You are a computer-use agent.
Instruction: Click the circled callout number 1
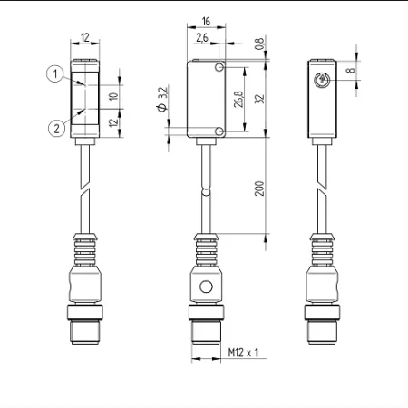55,73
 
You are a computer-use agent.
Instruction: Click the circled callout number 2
57,129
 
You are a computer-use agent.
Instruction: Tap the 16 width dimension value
206,21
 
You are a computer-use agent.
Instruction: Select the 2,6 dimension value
202,37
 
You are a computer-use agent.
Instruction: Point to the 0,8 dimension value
259,44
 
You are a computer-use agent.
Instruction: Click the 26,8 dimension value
238,99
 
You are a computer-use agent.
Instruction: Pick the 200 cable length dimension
259,189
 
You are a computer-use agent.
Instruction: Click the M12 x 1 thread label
243,353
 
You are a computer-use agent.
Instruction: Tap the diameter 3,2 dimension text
162,99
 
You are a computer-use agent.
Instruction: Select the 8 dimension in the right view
350,70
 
